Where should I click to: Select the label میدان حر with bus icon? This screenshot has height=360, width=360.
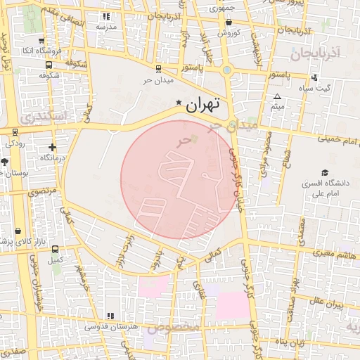click(x=157, y=79)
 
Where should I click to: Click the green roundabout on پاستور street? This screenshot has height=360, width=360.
click(x=226, y=70)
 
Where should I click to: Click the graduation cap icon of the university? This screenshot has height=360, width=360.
click(x=325, y=172)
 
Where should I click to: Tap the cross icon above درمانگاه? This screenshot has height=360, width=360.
click(x=52, y=148)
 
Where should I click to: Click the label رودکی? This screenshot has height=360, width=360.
click(x=15, y=142)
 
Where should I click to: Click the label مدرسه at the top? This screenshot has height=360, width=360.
click(x=106, y=26)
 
